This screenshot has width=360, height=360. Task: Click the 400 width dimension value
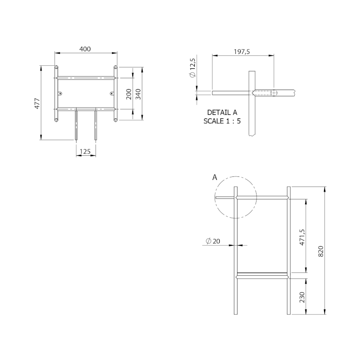pyautogui.click(x=85, y=49)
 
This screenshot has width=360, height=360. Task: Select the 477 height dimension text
pyautogui.click(x=38, y=103)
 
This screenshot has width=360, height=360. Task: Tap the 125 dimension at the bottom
pyautogui.click(x=85, y=152)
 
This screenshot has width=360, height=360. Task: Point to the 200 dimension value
pyautogui.click(x=129, y=94)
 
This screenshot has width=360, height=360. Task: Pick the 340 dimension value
pyautogui.click(x=139, y=94)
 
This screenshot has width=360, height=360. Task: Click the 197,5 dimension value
pyautogui.click(x=243, y=52)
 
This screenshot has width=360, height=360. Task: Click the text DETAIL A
pyautogui.click(x=222, y=112)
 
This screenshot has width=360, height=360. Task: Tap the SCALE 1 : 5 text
pyautogui.click(x=222, y=121)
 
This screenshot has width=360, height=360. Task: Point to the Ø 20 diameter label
pyautogui.click(x=213, y=241)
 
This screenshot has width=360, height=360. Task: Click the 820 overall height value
pyautogui.click(x=321, y=251)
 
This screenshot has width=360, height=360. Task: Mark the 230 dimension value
pyautogui.click(x=302, y=297)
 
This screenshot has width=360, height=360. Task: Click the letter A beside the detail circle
pyautogui.click(x=215, y=178)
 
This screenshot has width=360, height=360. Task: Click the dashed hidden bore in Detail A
pyautogui.click(x=273, y=93)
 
